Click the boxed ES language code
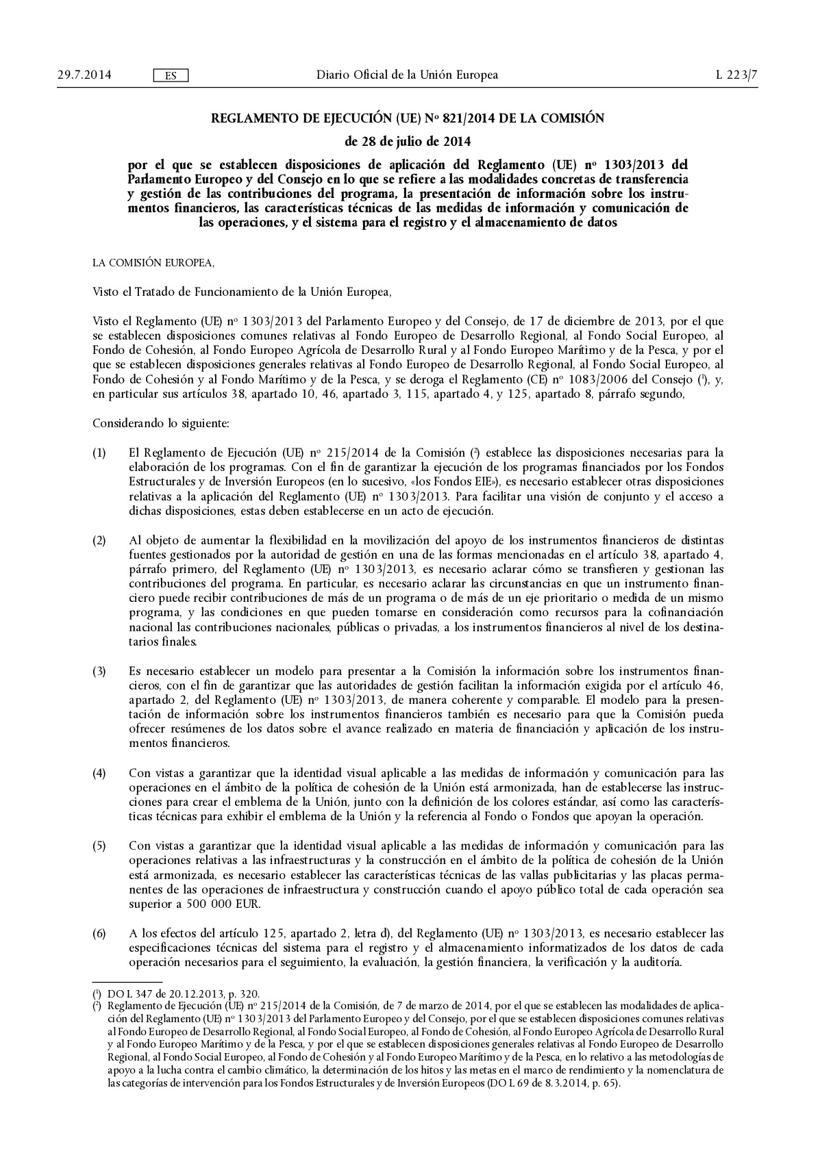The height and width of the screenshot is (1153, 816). click(x=171, y=75)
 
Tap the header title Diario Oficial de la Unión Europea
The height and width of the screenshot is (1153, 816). click(x=407, y=75)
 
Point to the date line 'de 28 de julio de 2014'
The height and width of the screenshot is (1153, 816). click(x=408, y=142)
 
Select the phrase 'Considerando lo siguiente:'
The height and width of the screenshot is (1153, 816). click(x=160, y=422)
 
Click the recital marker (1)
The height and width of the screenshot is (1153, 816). click(x=99, y=453)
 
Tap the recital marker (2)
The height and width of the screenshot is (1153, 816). click(x=99, y=540)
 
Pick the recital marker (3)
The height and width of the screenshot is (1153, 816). click(x=99, y=671)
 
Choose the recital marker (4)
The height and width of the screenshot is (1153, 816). click(x=99, y=773)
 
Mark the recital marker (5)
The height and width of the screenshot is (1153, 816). click(x=99, y=846)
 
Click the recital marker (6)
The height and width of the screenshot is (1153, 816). click(x=99, y=933)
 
